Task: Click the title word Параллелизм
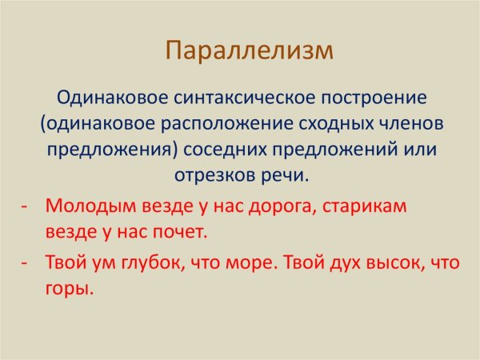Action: (248, 51)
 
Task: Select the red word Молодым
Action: (82, 206)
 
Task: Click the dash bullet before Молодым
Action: (25, 205)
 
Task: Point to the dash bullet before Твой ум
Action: (25, 262)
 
